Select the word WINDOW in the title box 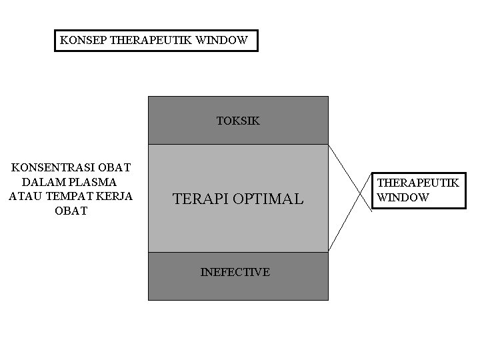pyautogui.click(x=225, y=40)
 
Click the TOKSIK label pyautogui.click(x=238, y=121)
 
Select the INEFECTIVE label pyautogui.click(x=235, y=272)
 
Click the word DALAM pyautogui.click(x=41, y=181)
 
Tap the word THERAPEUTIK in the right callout pyautogui.click(x=418, y=183)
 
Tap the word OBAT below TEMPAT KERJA pyautogui.click(x=71, y=211)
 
